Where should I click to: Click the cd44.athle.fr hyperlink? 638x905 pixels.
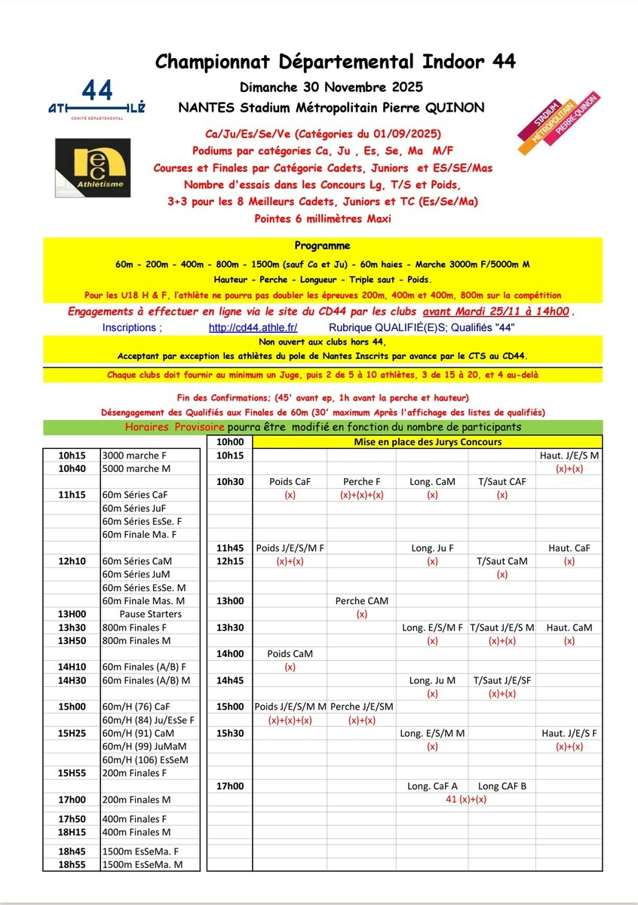pyautogui.click(x=253, y=328)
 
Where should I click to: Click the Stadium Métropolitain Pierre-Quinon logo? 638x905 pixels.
pyautogui.click(x=569, y=117)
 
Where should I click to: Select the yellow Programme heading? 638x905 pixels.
pyautogui.click(x=322, y=246)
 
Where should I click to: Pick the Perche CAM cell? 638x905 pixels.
pyautogui.click(x=361, y=601)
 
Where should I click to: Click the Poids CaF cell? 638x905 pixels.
pyautogui.click(x=290, y=482)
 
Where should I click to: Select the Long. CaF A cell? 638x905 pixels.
pyautogui.click(x=432, y=786)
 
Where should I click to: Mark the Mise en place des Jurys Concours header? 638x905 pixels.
pyautogui.click(x=428, y=443)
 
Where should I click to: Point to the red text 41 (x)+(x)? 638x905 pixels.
pyautogui.click(x=467, y=799)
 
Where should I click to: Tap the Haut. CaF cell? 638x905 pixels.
pyautogui.click(x=569, y=548)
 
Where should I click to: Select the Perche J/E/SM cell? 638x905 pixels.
pyautogui.click(x=361, y=707)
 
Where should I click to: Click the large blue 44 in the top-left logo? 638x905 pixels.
pyautogui.click(x=97, y=90)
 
